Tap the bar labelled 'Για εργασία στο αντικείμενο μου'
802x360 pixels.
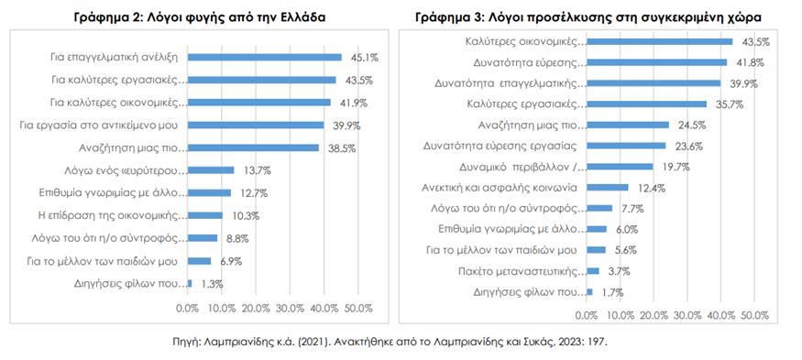(257, 125)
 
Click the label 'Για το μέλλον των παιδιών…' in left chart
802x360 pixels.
(127, 261)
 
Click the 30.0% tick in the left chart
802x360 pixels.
(290, 307)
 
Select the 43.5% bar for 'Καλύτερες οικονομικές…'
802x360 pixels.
(659, 41)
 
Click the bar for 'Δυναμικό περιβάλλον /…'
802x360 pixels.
(620, 167)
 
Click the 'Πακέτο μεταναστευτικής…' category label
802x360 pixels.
(520, 271)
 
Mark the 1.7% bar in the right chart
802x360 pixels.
(588, 292)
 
